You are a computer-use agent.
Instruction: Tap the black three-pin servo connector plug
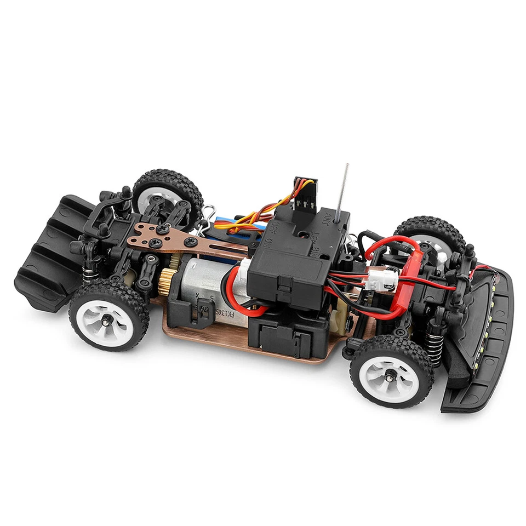pyautogui.click(x=305, y=190)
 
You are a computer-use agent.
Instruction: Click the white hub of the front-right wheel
pyautogui.click(x=390, y=375)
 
